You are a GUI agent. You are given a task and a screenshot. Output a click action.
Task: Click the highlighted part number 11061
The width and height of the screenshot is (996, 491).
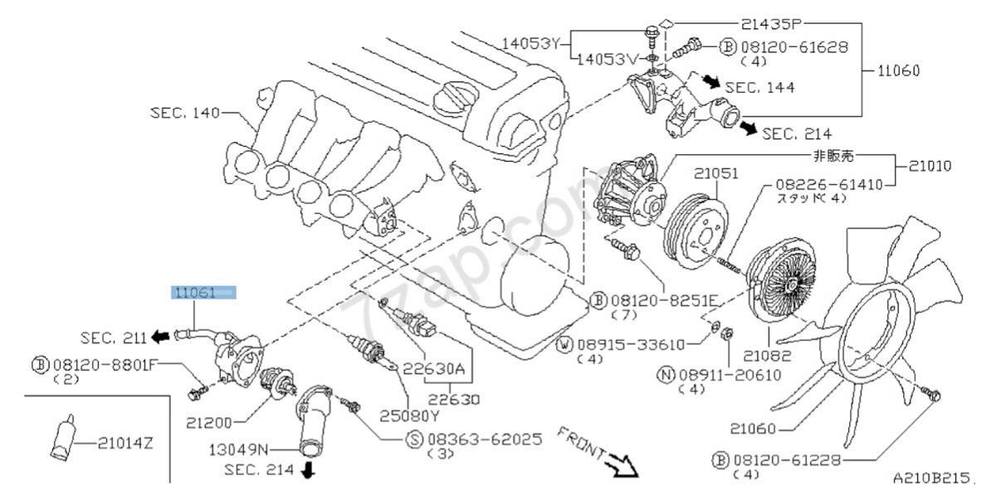click(x=195, y=293)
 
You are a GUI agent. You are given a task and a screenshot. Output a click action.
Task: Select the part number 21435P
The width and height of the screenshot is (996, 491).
click(x=770, y=24)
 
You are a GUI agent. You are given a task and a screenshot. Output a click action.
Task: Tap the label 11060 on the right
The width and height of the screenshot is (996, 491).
click(x=898, y=70)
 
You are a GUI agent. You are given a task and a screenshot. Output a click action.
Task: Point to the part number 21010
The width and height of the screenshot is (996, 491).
click(x=930, y=166)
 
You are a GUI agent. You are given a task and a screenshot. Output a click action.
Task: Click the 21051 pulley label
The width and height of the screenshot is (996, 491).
click(x=715, y=173)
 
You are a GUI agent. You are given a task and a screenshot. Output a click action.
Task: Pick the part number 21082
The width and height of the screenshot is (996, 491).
click(x=768, y=356)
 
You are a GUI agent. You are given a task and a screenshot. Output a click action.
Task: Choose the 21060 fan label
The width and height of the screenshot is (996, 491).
click(x=753, y=429)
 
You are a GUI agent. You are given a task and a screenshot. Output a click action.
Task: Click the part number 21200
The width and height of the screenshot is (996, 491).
click(x=209, y=422)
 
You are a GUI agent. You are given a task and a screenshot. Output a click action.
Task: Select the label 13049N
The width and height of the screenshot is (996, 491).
click(x=239, y=450)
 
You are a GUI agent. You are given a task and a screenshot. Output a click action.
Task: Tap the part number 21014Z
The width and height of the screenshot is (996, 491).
click(x=125, y=443)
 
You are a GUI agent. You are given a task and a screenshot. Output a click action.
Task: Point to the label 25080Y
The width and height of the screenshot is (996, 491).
click(x=409, y=416)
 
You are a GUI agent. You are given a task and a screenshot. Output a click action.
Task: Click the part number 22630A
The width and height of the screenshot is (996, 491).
click(x=433, y=368)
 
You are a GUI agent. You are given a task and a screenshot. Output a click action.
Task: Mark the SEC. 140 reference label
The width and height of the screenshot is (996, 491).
click(x=185, y=113)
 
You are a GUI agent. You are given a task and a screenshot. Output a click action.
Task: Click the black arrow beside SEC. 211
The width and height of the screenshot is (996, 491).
click(x=160, y=337)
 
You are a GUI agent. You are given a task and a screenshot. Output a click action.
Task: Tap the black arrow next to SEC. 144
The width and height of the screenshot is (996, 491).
click(x=712, y=81)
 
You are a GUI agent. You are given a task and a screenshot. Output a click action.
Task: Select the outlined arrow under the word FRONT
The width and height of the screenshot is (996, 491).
click(x=624, y=465)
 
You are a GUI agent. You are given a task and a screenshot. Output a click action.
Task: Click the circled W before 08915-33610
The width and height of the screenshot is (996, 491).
click(x=564, y=345)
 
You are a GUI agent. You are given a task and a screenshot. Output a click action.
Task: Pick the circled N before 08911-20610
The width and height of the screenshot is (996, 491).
click(x=666, y=375)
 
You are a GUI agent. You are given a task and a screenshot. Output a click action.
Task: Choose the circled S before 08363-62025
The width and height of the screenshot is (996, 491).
click(x=414, y=440)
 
